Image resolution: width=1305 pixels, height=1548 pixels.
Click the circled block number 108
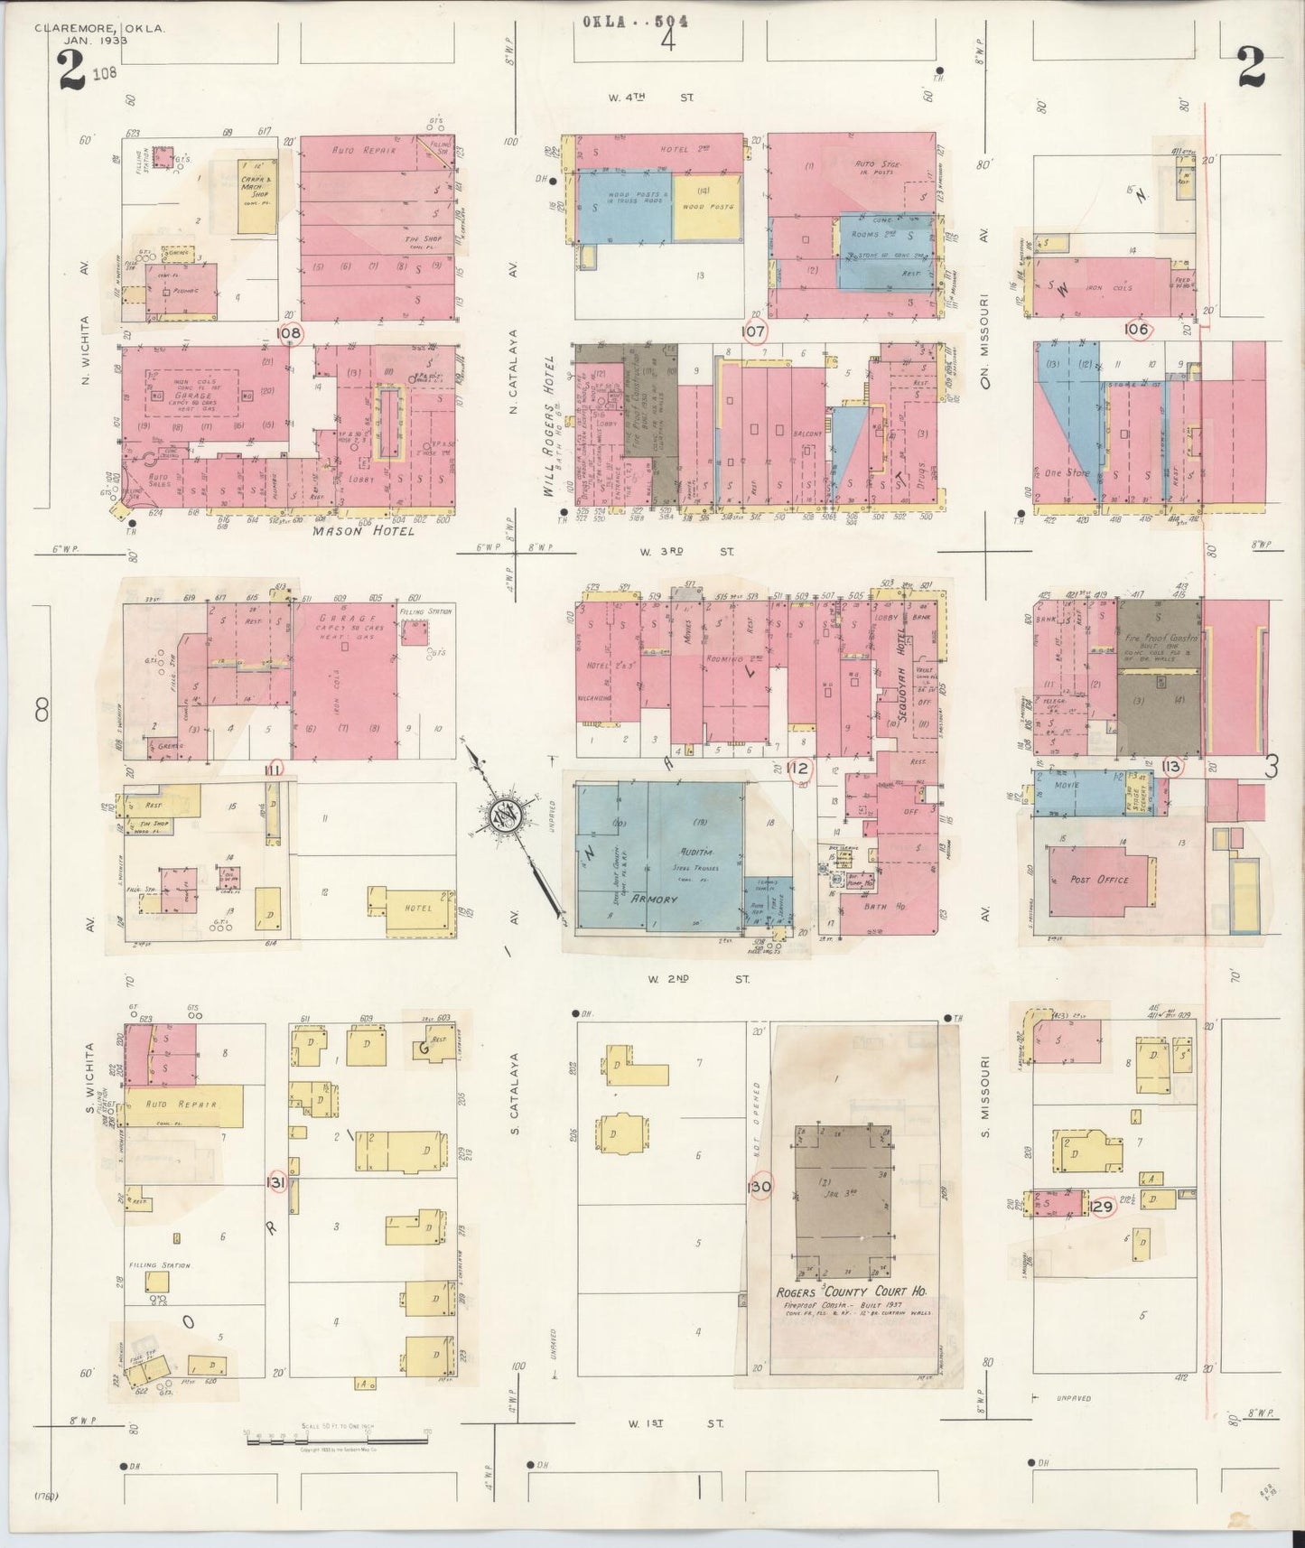click(290, 333)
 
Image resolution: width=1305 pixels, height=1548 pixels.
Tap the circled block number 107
click(754, 331)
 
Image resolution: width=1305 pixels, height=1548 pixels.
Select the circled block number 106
click(1136, 330)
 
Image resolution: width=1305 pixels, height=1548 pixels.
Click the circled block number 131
click(276, 1182)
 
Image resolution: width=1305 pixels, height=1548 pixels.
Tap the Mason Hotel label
click(364, 531)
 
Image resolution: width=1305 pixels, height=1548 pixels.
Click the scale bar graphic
click(336, 1439)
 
